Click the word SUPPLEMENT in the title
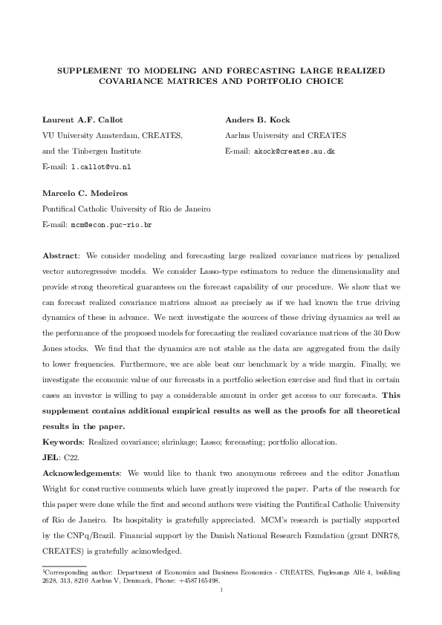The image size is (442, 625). coord(88,69)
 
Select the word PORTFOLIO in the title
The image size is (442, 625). coord(291,81)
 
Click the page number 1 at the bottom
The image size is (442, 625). coord(221,590)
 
